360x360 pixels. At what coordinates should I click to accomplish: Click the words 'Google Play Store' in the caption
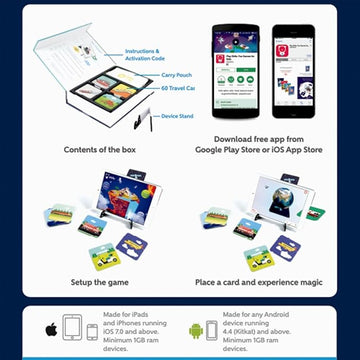[x=229, y=151]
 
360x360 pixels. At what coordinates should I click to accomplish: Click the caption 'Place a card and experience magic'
[x=260, y=283]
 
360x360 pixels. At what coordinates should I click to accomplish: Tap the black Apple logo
[x=49, y=329]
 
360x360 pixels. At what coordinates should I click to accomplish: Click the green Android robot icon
[x=194, y=329]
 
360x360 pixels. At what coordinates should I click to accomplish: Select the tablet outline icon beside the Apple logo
[x=72, y=328]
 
